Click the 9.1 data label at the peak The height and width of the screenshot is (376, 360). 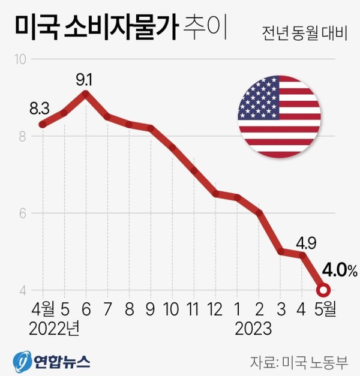(85, 78)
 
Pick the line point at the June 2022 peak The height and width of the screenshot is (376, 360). (86, 94)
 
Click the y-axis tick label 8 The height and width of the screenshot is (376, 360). (22, 136)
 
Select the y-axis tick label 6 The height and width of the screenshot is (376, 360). (22, 213)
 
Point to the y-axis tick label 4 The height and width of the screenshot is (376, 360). (22, 291)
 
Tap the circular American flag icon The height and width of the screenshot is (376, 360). (279, 117)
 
